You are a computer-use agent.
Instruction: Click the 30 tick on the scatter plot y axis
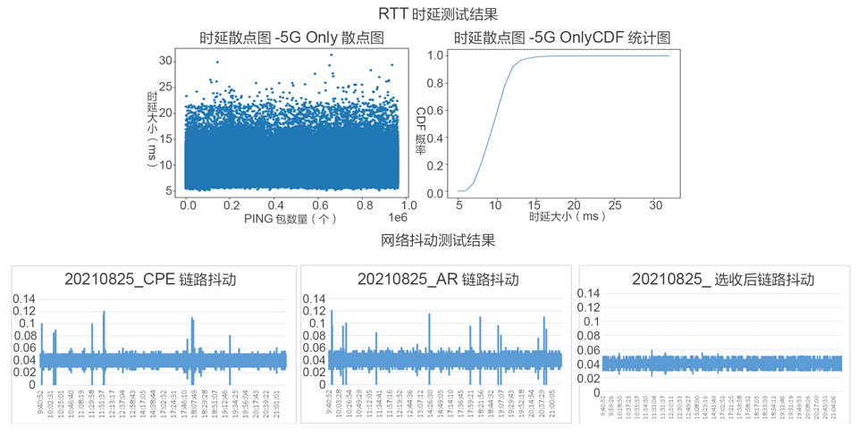pos(165,61)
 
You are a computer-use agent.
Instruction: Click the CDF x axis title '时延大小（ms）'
pos(566,216)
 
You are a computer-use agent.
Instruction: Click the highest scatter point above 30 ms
pos(331,54)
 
